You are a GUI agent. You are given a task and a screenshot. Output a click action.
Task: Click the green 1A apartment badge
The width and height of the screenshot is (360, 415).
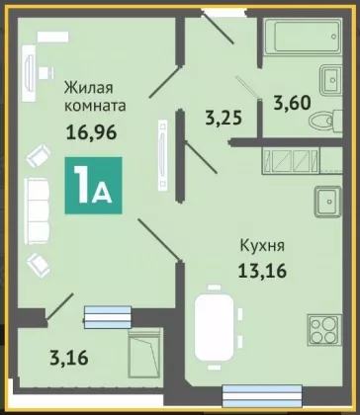[x=93, y=186]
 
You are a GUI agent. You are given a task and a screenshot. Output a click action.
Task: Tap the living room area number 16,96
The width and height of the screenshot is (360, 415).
[x=92, y=132]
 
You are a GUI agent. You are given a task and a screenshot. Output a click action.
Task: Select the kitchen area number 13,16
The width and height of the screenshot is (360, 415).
[x=262, y=271]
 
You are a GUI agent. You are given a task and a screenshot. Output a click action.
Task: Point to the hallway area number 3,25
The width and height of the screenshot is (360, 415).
[x=224, y=118]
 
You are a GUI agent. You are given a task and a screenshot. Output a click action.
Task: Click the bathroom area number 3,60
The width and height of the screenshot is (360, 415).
[x=292, y=103]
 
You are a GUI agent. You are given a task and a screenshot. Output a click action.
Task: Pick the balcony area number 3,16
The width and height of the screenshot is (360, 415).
[x=69, y=358]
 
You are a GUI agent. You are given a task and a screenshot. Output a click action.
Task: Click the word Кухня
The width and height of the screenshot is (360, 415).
[x=262, y=246]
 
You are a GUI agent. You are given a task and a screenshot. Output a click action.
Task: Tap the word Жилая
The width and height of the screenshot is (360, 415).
[x=89, y=88]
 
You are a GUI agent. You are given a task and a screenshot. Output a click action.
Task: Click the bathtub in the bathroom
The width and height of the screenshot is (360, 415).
[x=304, y=37]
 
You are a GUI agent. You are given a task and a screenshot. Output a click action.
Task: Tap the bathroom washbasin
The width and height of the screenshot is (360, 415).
[x=330, y=80]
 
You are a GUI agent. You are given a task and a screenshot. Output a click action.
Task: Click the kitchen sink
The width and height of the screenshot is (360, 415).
[x=328, y=202]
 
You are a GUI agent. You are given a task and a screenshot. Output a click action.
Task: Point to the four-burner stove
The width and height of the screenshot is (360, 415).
[x=324, y=330]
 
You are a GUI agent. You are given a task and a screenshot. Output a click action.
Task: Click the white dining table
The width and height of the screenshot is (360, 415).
[x=215, y=326]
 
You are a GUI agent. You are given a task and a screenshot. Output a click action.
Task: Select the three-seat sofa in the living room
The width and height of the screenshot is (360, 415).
[x=37, y=210]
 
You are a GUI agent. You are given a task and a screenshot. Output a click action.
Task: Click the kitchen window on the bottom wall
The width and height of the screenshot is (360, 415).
[x=262, y=396]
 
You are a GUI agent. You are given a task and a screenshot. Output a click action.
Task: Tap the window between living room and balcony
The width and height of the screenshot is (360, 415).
[x=108, y=317]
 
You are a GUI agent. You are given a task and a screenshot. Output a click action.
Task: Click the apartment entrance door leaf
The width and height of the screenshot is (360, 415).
[x=219, y=29]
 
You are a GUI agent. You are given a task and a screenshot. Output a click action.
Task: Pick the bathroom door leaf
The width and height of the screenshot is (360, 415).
[x=248, y=88]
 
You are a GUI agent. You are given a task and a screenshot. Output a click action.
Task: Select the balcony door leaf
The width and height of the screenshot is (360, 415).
[x=59, y=306]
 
